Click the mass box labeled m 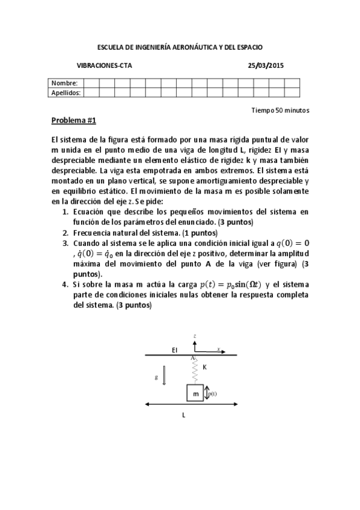coord(195,393)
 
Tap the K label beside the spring coord(204,366)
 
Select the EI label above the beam coord(174,349)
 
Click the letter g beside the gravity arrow coord(156,376)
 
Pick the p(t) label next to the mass coord(213,394)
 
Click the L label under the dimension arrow coord(183,415)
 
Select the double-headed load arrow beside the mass coord(207,394)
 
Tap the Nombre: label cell coord(64,83)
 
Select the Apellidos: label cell coord(67,93)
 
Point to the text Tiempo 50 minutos coord(281,110)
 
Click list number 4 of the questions coord(66,283)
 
